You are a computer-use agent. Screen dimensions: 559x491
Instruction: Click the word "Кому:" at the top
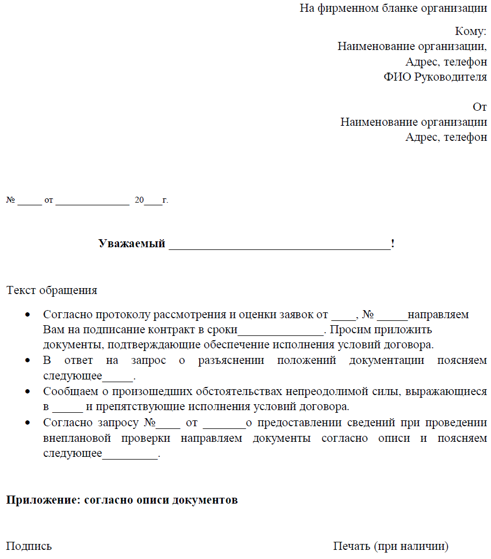[471, 31]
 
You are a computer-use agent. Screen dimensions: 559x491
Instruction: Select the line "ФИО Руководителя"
[435, 77]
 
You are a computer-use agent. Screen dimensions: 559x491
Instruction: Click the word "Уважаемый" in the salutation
[131, 243]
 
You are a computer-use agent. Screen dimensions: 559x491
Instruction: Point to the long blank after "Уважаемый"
[280, 245]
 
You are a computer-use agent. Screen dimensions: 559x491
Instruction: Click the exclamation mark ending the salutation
[393, 243]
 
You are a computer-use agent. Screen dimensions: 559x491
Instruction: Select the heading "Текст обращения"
[52, 290]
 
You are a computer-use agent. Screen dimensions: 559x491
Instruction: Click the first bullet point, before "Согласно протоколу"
[27, 314]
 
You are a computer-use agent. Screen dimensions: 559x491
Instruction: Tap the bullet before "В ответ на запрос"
[27, 360]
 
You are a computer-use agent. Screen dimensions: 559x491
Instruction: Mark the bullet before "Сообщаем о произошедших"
[27, 392]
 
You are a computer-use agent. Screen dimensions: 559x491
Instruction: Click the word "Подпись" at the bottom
[29, 547]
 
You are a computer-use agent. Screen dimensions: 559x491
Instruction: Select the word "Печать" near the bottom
[351, 547]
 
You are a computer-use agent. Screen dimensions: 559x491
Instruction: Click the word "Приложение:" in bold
[43, 500]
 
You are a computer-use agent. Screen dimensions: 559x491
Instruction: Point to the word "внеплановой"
[77, 438]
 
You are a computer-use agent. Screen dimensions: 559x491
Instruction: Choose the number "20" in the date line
[139, 200]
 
